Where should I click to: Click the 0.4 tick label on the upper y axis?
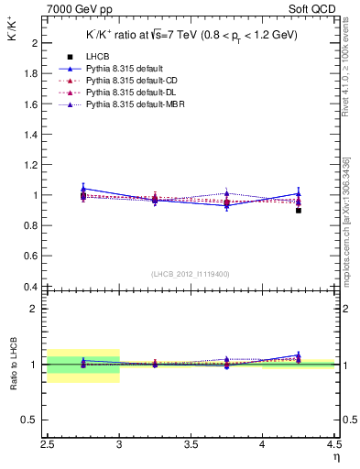[31, 287]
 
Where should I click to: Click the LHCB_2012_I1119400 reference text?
[191, 273]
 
